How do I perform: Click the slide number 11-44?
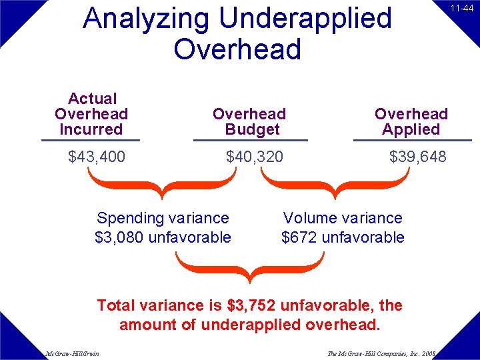[461, 9]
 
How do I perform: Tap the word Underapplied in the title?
[305, 19]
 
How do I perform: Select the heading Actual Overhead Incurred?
[91, 114]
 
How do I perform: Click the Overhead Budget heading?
[249, 121]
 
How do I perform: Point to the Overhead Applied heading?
[411, 121]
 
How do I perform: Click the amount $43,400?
[97, 157]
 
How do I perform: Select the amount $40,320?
[255, 157]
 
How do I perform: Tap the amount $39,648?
[418, 157]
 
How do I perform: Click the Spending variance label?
[163, 218]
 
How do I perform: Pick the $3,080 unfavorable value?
[163, 237]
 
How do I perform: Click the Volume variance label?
[343, 218]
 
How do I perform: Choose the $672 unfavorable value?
[343, 237]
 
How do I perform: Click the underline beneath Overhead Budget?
[250, 140]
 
